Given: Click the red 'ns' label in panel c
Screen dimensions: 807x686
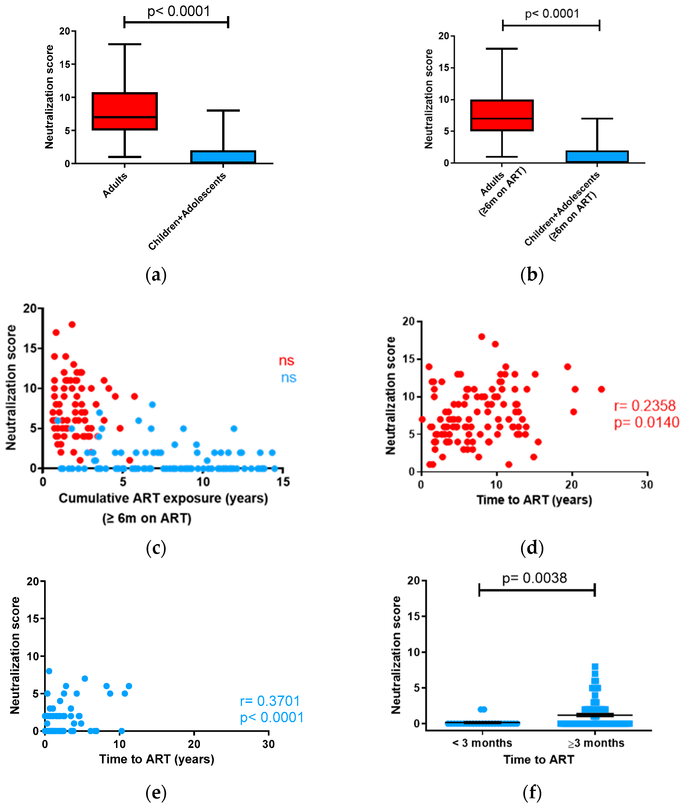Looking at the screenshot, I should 287,361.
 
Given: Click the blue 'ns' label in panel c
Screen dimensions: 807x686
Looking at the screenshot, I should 289,378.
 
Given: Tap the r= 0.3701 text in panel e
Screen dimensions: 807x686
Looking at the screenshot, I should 270,701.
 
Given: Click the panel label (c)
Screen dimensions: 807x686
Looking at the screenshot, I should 156,548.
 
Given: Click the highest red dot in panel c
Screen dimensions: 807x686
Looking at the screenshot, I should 72,324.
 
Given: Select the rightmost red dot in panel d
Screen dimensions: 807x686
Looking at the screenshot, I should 601,389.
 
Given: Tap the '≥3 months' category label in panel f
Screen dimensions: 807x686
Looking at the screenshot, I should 595,743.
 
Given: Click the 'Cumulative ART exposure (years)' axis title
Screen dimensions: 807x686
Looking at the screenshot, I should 163,498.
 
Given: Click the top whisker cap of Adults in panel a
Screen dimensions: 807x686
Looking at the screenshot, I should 125,44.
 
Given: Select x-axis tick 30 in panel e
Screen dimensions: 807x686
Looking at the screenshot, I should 268,744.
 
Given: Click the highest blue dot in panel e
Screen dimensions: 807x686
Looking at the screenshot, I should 49,671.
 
